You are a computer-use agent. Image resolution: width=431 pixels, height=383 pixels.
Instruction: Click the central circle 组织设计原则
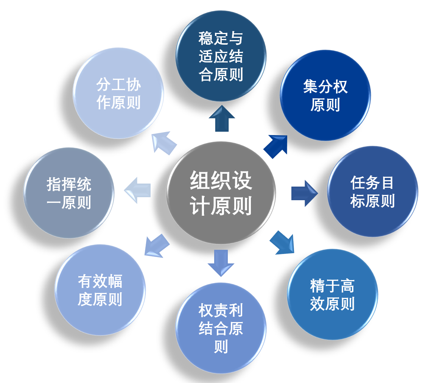tap(221, 193)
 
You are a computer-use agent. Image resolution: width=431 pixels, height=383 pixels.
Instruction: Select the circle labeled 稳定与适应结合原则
tap(221, 56)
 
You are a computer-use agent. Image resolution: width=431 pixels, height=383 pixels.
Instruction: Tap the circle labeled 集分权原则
tap(325, 95)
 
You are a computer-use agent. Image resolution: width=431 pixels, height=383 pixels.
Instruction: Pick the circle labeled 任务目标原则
tap(372, 191)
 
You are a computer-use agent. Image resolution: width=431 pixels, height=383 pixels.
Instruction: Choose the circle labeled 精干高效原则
tap(332, 294)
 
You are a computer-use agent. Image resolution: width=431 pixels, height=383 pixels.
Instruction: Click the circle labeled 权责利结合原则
tap(221, 328)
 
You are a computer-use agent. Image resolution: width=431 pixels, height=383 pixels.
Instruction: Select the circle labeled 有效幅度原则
tap(100, 290)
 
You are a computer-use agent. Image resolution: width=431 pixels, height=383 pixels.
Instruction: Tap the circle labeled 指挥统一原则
tap(69, 193)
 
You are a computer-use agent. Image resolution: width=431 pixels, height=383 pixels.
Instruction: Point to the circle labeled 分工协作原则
tap(118, 93)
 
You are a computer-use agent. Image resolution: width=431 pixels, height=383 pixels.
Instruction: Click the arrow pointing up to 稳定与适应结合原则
tap(222, 119)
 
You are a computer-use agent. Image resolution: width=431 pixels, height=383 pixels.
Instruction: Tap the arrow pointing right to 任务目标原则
tap(304, 193)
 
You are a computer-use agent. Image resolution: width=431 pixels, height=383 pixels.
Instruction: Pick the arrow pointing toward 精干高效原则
tap(282, 243)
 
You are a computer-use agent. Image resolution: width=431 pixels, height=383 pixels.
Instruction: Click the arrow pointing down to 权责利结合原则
tap(221, 262)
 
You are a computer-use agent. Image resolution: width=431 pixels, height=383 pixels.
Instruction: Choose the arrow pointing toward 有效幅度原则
tap(157, 246)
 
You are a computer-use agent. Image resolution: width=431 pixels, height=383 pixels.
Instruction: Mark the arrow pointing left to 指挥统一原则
tap(138, 190)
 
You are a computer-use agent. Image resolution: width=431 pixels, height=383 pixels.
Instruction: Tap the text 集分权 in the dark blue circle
tap(325, 87)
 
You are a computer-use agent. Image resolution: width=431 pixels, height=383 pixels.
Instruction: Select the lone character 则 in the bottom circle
tap(221, 347)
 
